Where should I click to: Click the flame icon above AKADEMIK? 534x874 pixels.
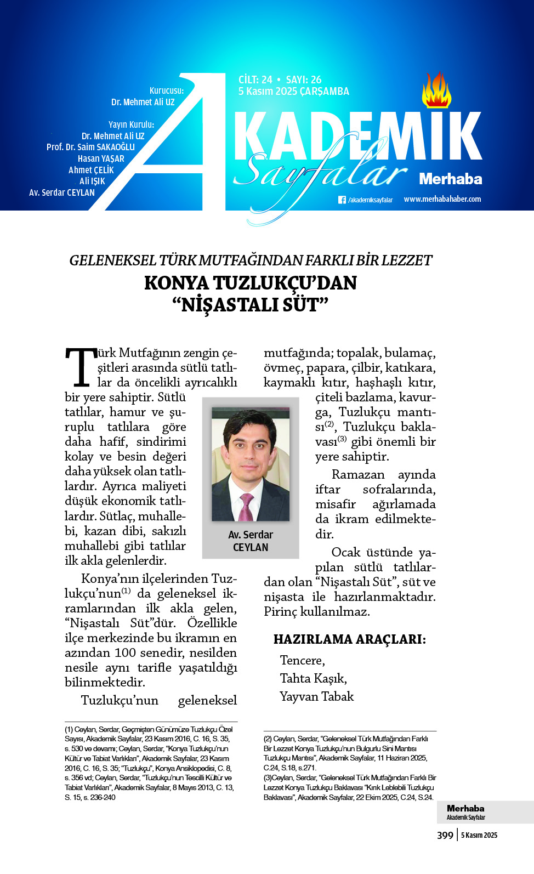coord(436,92)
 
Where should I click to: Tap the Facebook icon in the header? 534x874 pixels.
coord(342,200)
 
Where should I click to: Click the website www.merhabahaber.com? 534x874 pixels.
coord(442,199)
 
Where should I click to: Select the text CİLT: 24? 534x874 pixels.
coord(255,80)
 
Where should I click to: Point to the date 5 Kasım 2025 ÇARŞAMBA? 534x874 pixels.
coord(293,92)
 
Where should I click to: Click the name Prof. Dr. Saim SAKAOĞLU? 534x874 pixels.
coord(90,147)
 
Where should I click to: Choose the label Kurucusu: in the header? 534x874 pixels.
coord(167,90)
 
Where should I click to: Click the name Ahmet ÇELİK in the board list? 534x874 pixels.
coord(91,170)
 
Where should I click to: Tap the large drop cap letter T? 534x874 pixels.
coord(81,367)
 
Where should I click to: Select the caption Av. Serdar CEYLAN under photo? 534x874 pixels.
coord(251,541)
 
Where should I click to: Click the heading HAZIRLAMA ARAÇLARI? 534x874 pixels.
coord(349,639)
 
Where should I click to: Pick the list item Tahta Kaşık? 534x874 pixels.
coord(313,678)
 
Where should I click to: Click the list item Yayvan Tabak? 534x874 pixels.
coord(316,696)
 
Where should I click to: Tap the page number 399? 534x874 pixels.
coord(445,835)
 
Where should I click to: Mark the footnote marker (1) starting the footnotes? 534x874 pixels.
coord(69,730)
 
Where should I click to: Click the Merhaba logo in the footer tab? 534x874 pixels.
coord(465,809)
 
